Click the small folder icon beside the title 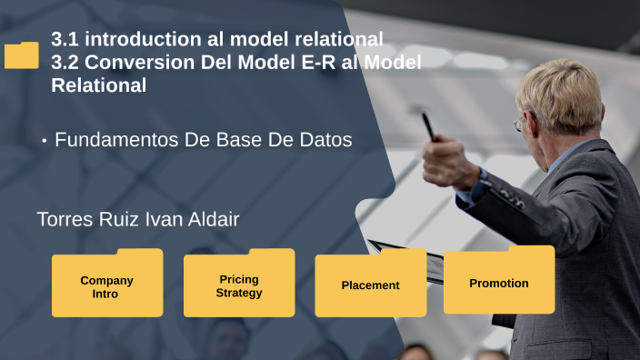(22, 55)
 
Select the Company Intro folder (106, 286)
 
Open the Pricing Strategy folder (239, 285)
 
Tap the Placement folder (370, 285)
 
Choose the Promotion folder (499, 283)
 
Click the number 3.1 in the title (66, 39)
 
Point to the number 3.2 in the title (66, 63)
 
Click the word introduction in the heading (152, 39)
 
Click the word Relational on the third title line (98, 86)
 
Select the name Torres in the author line (65, 219)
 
